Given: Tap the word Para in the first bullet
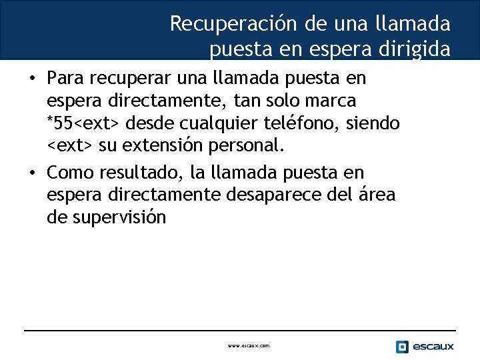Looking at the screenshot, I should coord(65,79).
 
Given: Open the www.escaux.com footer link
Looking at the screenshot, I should coord(249,346).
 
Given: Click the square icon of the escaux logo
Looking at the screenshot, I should coord(402,347).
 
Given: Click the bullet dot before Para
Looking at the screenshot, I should coord(32,79).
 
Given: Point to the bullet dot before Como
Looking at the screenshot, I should coord(32,173).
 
